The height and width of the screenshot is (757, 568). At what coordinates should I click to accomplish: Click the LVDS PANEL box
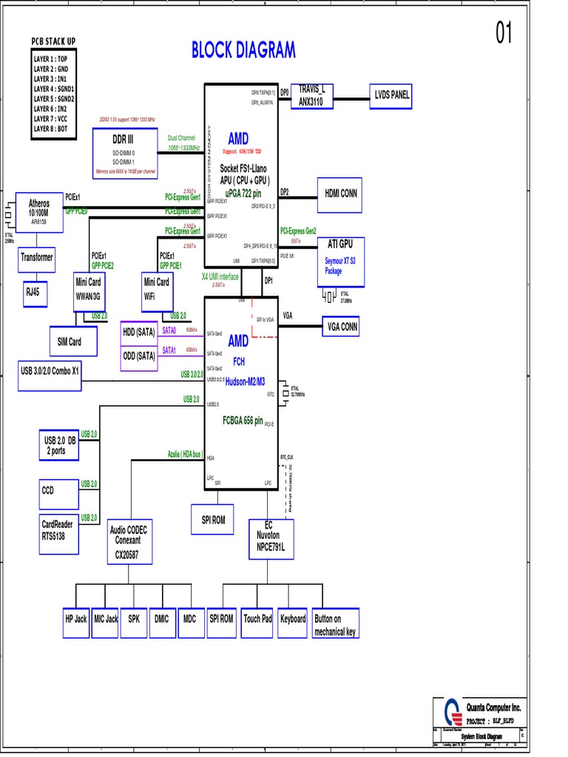point(391,95)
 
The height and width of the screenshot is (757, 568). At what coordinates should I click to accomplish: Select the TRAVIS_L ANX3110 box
point(312,95)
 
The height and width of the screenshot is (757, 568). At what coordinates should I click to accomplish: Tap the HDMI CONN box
point(340,194)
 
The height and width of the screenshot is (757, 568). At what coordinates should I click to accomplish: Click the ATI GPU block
point(340,262)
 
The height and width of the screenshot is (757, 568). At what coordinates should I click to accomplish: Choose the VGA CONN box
point(342,326)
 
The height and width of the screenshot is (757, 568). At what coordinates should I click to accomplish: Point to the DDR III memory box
point(124,150)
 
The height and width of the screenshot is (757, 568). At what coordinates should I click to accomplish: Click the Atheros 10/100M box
point(39,211)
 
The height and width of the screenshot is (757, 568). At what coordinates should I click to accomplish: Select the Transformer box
point(37,258)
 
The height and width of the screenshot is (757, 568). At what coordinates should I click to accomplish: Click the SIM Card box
point(70,342)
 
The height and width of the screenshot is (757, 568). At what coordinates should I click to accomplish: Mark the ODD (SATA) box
point(139,356)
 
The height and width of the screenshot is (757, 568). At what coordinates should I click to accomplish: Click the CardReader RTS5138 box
point(58,530)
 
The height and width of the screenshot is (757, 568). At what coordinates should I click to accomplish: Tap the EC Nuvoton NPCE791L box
point(270,539)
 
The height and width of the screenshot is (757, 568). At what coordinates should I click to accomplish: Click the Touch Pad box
point(257,619)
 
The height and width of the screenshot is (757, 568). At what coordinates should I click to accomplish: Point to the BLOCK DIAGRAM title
point(243,50)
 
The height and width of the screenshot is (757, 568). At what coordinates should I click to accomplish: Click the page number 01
point(504,33)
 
